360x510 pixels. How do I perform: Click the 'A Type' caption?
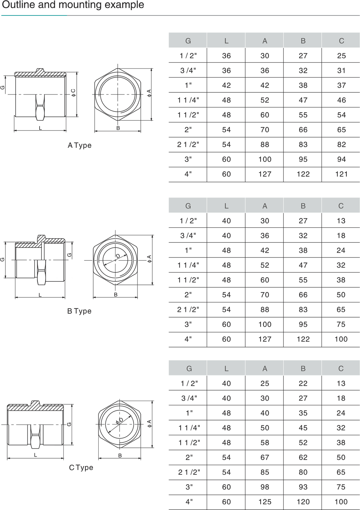[x=80, y=145]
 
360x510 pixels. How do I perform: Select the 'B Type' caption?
[x=79, y=311]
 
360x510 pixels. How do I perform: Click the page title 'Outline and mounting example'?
[x=73, y=5]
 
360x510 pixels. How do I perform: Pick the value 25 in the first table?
[x=341, y=55]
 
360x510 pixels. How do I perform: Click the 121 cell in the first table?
[x=341, y=174]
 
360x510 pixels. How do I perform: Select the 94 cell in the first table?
[x=341, y=159]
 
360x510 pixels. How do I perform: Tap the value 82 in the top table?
[x=341, y=145]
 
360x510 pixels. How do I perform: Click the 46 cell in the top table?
[x=341, y=100]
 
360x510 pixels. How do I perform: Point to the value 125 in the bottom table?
[x=265, y=502]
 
